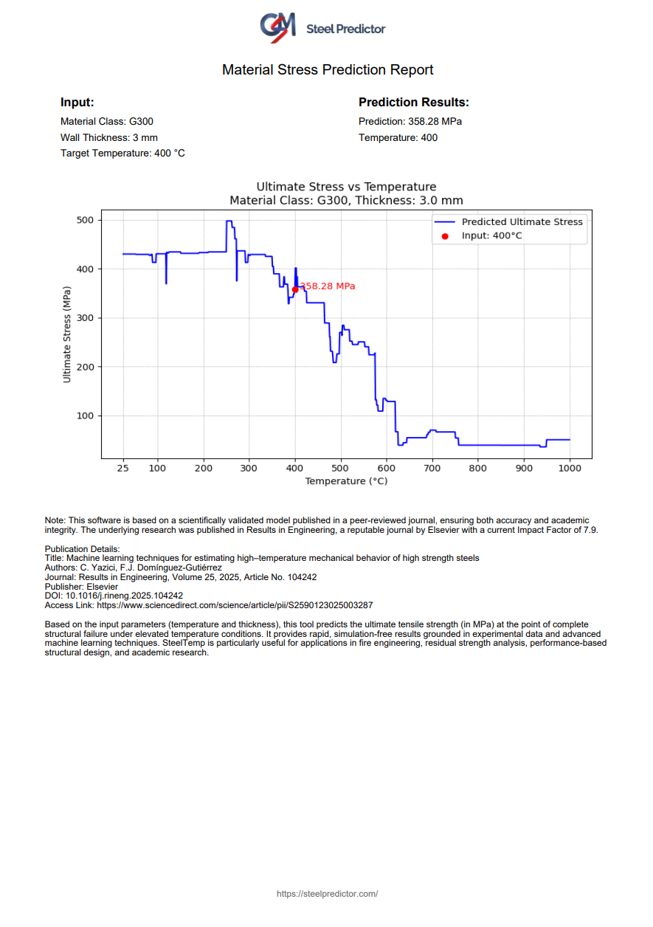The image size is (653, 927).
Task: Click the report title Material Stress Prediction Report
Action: (x=328, y=70)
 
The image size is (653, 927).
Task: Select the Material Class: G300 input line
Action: (x=107, y=121)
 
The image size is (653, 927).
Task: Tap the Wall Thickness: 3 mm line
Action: (x=109, y=137)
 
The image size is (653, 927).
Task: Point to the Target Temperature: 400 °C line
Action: (x=122, y=154)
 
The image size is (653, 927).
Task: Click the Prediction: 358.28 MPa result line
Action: (x=410, y=121)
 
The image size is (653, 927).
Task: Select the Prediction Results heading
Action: (x=413, y=103)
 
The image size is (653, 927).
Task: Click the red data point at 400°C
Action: (x=295, y=289)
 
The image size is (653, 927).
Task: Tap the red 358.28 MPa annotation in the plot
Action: (x=328, y=286)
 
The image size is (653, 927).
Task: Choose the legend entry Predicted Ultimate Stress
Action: (x=522, y=222)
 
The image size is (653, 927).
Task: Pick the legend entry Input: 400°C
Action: (x=491, y=236)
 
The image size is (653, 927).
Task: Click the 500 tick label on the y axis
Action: (x=86, y=220)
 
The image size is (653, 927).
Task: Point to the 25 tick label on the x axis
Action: (x=123, y=468)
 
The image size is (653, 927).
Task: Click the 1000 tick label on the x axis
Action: (x=570, y=468)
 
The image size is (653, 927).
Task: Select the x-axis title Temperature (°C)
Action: (x=346, y=481)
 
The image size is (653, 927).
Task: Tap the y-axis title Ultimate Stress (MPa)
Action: (x=67, y=340)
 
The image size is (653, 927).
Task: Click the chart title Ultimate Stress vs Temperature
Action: (x=346, y=187)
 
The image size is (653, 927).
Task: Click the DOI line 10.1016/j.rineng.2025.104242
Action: (x=114, y=596)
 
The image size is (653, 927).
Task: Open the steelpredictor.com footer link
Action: (x=327, y=894)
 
